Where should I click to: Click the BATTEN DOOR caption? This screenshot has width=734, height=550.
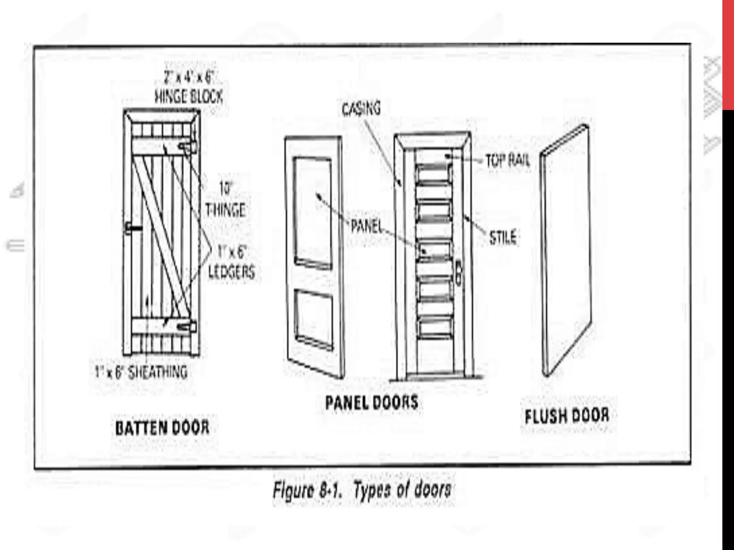pos(162,428)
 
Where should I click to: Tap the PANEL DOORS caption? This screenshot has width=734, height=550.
pos(372,402)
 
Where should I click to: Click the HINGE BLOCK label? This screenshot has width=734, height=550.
pos(189,96)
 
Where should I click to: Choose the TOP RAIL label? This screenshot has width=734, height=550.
pos(507,161)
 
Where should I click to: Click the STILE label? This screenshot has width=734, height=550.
pos(503,237)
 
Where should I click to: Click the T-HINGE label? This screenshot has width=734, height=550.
pos(225,210)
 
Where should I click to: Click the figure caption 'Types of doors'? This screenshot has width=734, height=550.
pos(362,490)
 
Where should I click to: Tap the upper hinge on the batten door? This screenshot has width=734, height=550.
pos(189,146)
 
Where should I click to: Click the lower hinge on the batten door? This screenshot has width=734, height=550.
pos(188,327)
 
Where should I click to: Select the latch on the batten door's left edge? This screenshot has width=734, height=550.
pos(133,228)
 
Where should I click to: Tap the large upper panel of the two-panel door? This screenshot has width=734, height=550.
pos(313,211)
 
